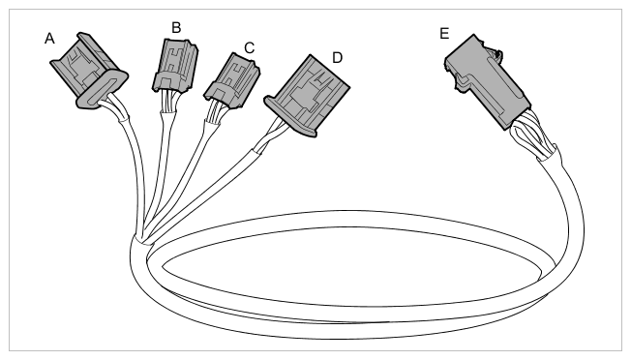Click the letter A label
tap(49, 39)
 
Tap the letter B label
tap(176, 28)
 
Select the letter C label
tap(249, 47)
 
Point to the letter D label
tap(337, 58)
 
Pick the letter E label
tap(444, 33)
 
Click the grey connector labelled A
tap(89, 71)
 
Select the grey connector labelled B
tap(175, 65)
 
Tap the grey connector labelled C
tap(232, 81)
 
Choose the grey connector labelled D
tap(307, 96)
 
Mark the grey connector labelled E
tap(486, 81)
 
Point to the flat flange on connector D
tap(289, 117)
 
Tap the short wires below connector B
tap(167, 102)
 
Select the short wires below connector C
tap(214, 111)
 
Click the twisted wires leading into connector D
tap(269, 137)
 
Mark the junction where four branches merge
tap(143, 239)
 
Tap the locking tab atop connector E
tap(495, 53)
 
